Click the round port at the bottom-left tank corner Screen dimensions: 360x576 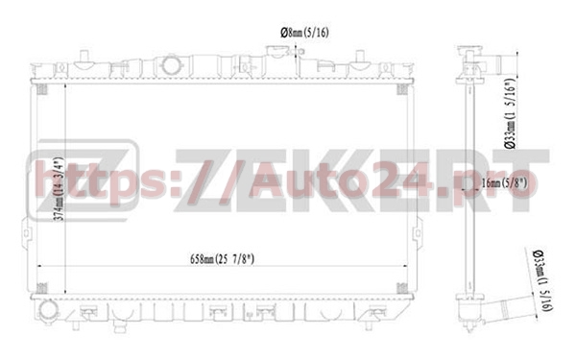[x=48, y=313]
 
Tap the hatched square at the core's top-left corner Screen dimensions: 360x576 [x=42, y=90]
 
